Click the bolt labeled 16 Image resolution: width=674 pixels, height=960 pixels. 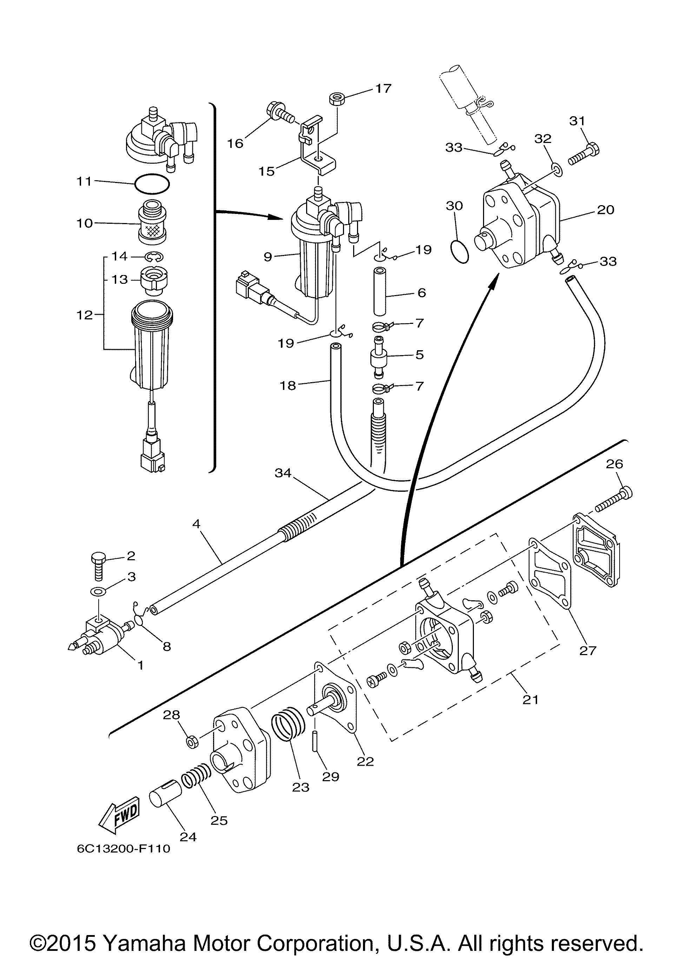point(280,110)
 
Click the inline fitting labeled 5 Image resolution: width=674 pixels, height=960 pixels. point(378,355)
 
